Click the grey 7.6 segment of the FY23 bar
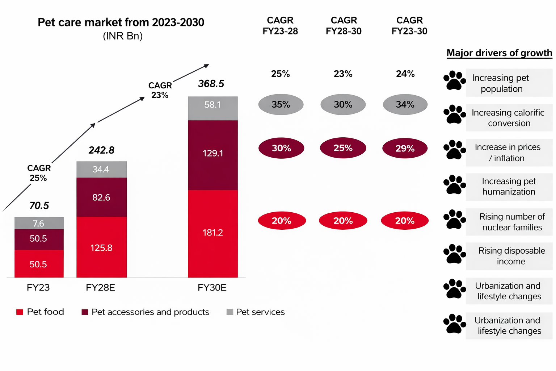(39, 223)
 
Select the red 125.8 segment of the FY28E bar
(101, 247)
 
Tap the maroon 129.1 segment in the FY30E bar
(212, 154)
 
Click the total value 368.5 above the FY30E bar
(211, 84)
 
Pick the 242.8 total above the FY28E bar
(101, 150)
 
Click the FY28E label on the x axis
(100, 288)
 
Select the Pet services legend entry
(256, 312)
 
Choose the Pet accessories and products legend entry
(146, 312)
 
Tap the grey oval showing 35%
(281, 105)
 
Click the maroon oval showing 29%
(405, 148)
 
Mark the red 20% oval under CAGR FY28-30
(343, 221)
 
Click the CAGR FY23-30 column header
(409, 26)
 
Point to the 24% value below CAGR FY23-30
(405, 74)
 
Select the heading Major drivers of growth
(499, 53)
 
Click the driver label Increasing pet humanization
(509, 187)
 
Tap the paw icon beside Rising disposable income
(454, 254)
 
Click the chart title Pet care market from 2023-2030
(121, 22)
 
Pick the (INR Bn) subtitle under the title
(123, 36)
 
